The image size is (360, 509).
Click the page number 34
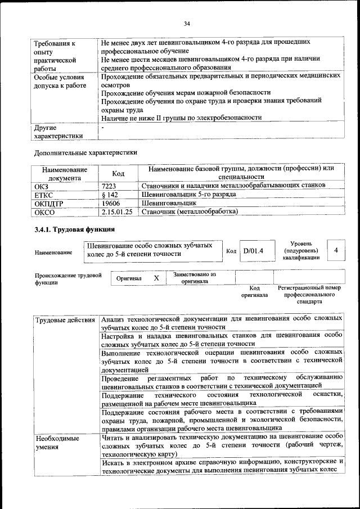tap(187, 23)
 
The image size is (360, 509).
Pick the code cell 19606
tap(111, 202)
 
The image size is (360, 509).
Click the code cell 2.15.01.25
tap(118, 211)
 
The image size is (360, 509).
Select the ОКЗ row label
tap(42, 185)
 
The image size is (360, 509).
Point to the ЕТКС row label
tap(44, 194)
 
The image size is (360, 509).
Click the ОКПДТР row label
tap(48, 202)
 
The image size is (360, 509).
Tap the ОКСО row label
tap(44, 211)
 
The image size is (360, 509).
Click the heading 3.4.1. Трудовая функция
tap(74, 229)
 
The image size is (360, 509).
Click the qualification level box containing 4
tap(335, 250)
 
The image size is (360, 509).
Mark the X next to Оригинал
tap(156, 278)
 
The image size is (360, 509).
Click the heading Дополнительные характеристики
tap(85, 152)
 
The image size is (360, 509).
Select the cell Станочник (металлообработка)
tap(190, 211)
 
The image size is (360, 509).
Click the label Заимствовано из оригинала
tap(195, 278)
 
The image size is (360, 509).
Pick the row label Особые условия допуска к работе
tap(60, 82)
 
